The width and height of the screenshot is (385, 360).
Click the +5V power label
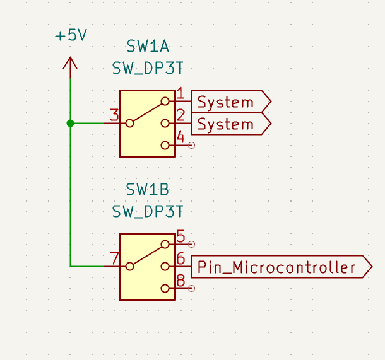pyautogui.click(x=71, y=35)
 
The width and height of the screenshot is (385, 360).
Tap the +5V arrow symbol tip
pyautogui.click(x=70, y=58)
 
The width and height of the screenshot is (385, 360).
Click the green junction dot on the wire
pyautogui.click(x=70, y=123)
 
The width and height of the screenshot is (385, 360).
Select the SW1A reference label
pyautogui.click(x=148, y=47)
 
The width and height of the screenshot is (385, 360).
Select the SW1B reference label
pyautogui.click(x=148, y=190)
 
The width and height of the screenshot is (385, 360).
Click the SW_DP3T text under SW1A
pyautogui.click(x=148, y=68)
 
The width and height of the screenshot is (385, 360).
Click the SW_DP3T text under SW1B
pyautogui.click(x=148, y=211)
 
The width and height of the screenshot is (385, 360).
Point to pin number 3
pyautogui.click(x=114, y=115)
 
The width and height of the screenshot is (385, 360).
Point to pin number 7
pyautogui.click(x=114, y=258)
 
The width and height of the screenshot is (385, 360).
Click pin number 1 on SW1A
pyautogui.click(x=180, y=94)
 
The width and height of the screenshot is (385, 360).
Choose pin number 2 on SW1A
pyautogui.click(x=180, y=115)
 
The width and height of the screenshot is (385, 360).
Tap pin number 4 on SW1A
pyautogui.click(x=180, y=137)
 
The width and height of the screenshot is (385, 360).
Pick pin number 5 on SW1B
pyautogui.click(x=180, y=236)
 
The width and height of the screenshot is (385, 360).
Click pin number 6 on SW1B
pyautogui.click(x=180, y=258)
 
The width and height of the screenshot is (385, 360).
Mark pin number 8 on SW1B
pyautogui.click(x=180, y=280)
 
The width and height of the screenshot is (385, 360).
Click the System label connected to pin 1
pyautogui.click(x=225, y=102)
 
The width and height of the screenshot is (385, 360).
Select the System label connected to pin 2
pyautogui.click(x=225, y=124)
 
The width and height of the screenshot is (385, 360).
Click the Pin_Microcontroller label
pyautogui.click(x=276, y=267)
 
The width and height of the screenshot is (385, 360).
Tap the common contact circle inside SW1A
pyautogui.click(x=129, y=124)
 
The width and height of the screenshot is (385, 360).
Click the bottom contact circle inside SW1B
pyautogui.click(x=165, y=288)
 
